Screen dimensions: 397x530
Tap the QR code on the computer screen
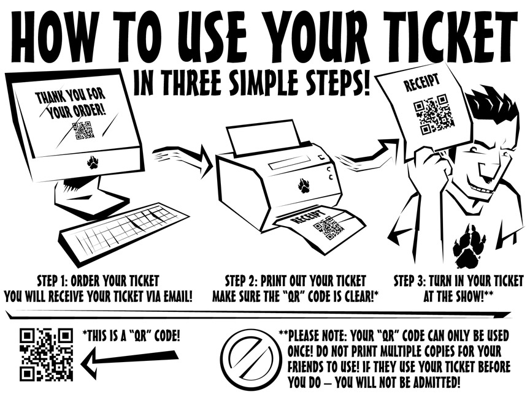coord(83,130)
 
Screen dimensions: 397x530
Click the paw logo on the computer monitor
coord(93,162)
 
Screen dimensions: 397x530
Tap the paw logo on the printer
coord(304,186)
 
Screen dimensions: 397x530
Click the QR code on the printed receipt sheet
coord(328,228)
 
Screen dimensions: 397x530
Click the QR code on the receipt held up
coord(433,115)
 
